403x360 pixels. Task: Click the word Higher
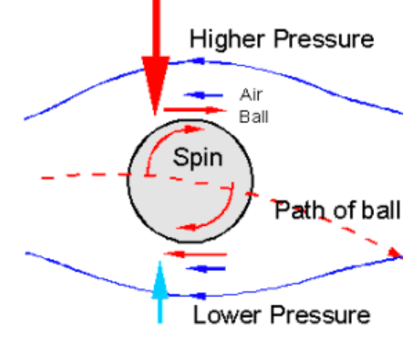(x=227, y=39)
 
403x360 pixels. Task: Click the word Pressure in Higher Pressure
(x=324, y=39)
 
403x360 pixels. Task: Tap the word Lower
(x=227, y=315)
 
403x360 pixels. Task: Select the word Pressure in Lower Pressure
(x=320, y=315)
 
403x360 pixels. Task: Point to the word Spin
(x=198, y=157)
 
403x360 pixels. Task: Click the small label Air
(x=251, y=95)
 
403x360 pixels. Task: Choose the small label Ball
(x=253, y=116)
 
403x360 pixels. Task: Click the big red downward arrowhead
(x=156, y=84)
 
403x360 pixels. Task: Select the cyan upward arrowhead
(x=160, y=279)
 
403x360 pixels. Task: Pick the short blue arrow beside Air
(x=203, y=96)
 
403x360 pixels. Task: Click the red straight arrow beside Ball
(x=195, y=110)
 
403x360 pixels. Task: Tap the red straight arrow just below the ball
(x=195, y=254)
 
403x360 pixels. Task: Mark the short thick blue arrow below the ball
(x=205, y=269)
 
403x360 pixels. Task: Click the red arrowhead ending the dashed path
(x=396, y=253)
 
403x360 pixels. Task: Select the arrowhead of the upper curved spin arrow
(x=194, y=129)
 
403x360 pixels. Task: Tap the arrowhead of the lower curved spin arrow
(x=187, y=227)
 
